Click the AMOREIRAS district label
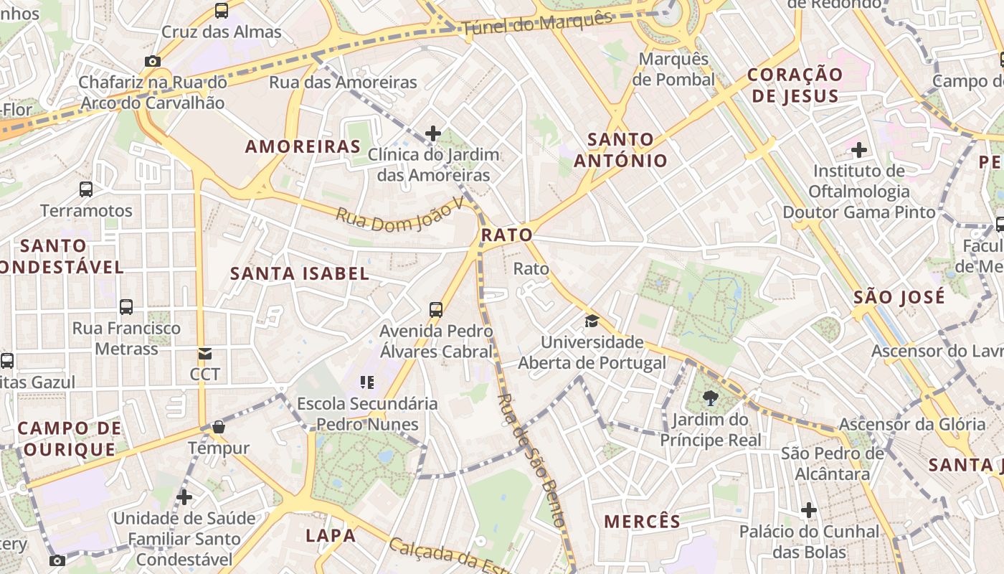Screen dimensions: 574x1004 point(303,147)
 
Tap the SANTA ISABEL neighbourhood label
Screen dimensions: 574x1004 point(300,273)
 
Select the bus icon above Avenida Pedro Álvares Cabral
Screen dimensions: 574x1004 point(436,310)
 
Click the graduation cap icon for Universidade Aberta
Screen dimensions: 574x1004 point(592,321)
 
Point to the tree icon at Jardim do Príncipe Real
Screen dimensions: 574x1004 point(711,398)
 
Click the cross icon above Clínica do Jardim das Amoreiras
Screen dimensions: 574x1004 point(433,133)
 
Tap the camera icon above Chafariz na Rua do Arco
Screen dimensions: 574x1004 point(152,62)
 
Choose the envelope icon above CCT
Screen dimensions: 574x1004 point(205,354)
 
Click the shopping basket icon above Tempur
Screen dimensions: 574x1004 point(219,428)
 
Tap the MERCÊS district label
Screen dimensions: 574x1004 point(642,522)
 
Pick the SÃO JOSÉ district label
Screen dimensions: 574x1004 point(899,297)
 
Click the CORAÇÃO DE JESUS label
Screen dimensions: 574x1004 point(795,85)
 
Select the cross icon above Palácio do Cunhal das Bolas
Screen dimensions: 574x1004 point(809,510)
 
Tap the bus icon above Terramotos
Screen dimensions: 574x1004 point(86,189)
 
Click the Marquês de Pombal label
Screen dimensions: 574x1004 point(673,69)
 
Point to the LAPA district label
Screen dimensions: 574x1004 point(331,535)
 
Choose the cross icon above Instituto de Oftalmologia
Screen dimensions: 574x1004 point(859,150)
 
